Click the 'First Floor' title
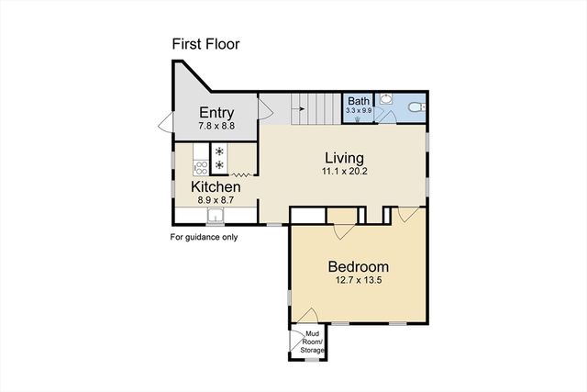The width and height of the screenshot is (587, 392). [205, 44]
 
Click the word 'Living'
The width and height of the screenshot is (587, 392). [342, 157]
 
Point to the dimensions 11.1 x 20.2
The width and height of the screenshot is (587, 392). [342, 171]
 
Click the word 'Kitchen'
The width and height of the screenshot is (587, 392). [216, 186]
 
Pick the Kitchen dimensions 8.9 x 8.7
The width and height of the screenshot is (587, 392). [216, 199]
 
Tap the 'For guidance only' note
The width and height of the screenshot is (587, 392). [204, 237]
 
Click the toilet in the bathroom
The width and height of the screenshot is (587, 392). [415, 107]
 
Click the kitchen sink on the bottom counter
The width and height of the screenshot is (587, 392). [216, 217]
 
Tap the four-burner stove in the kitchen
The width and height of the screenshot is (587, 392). [220, 158]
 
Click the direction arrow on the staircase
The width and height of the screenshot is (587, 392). [298, 109]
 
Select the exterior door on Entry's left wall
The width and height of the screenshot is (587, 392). [163, 121]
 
